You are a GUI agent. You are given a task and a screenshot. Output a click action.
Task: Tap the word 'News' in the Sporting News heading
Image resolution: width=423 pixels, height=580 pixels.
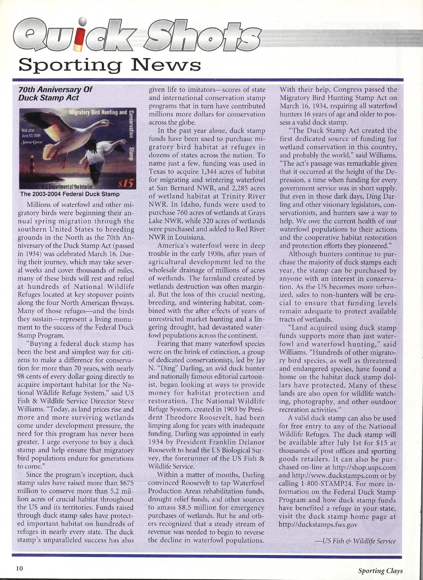point(169,65)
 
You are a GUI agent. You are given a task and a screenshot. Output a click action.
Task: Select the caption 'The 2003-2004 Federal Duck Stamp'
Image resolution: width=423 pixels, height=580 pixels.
point(70,194)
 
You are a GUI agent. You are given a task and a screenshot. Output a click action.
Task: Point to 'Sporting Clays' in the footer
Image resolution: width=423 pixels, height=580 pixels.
point(380,571)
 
